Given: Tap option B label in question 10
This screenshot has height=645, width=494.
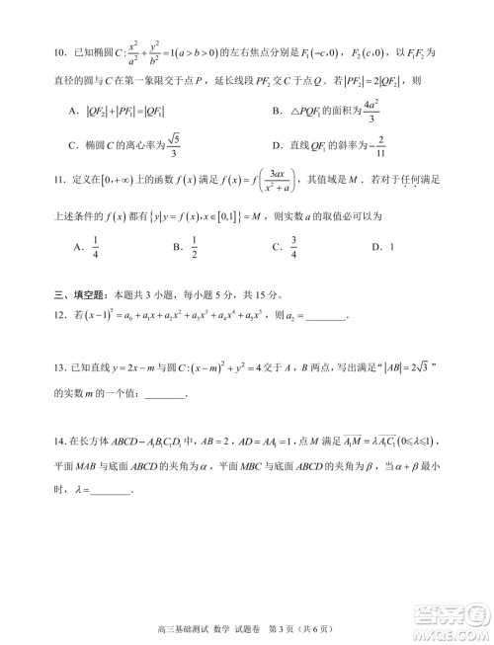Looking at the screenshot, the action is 279,111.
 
